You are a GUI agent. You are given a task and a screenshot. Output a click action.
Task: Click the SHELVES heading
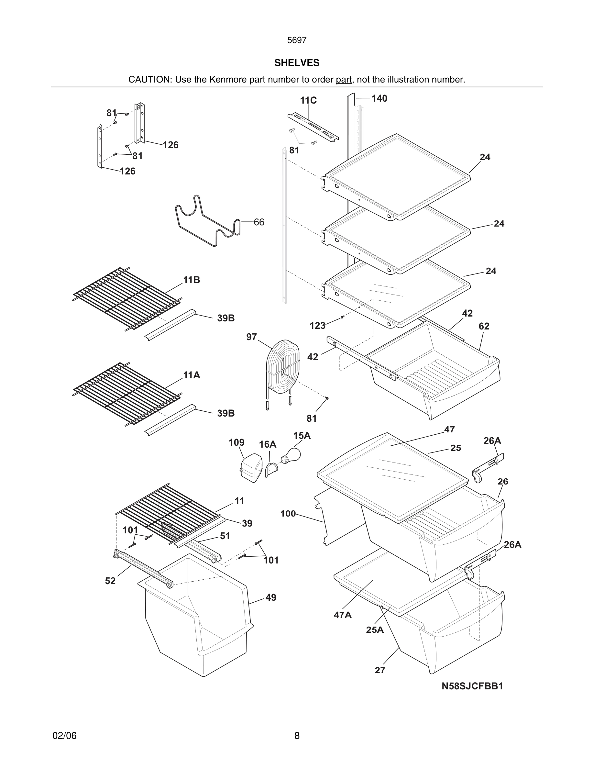coord(297,63)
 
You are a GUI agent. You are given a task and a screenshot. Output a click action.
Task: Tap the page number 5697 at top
coord(297,40)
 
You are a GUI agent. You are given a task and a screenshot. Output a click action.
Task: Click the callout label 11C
coord(308,101)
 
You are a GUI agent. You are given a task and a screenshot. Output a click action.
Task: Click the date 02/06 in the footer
coord(64,736)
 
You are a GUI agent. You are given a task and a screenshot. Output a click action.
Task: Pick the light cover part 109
coord(251,468)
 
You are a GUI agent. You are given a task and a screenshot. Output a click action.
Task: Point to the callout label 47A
coord(342,615)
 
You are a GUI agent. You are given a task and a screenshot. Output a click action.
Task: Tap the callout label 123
coord(317,326)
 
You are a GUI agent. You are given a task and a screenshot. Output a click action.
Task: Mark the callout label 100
coord(288,514)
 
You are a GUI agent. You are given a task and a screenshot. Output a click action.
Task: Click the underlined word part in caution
coord(344,80)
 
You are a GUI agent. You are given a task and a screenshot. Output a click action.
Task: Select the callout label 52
coord(110,581)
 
